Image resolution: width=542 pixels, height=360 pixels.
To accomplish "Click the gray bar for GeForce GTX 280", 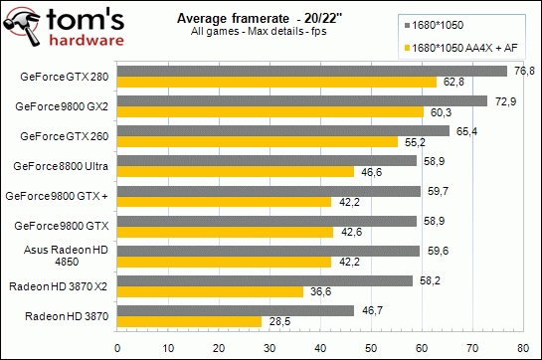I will pyautogui.click(x=312, y=72).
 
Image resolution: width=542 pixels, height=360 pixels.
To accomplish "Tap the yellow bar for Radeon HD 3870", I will pyautogui.click(x=190, y=321).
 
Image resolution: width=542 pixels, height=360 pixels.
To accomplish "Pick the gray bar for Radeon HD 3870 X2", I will pyautogui.click(x=265, y=281).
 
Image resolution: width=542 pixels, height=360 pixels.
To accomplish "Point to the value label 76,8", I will pyautogui.click(x=522, y=71).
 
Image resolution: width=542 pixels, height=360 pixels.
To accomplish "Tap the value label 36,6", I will pyautogui.click(x=317, y=291).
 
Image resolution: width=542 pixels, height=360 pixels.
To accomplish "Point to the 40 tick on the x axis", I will pyautogui.click(x=320, y=347).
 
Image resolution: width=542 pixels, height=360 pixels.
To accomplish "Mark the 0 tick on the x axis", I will pyautogui.click(x=118, y=347).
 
